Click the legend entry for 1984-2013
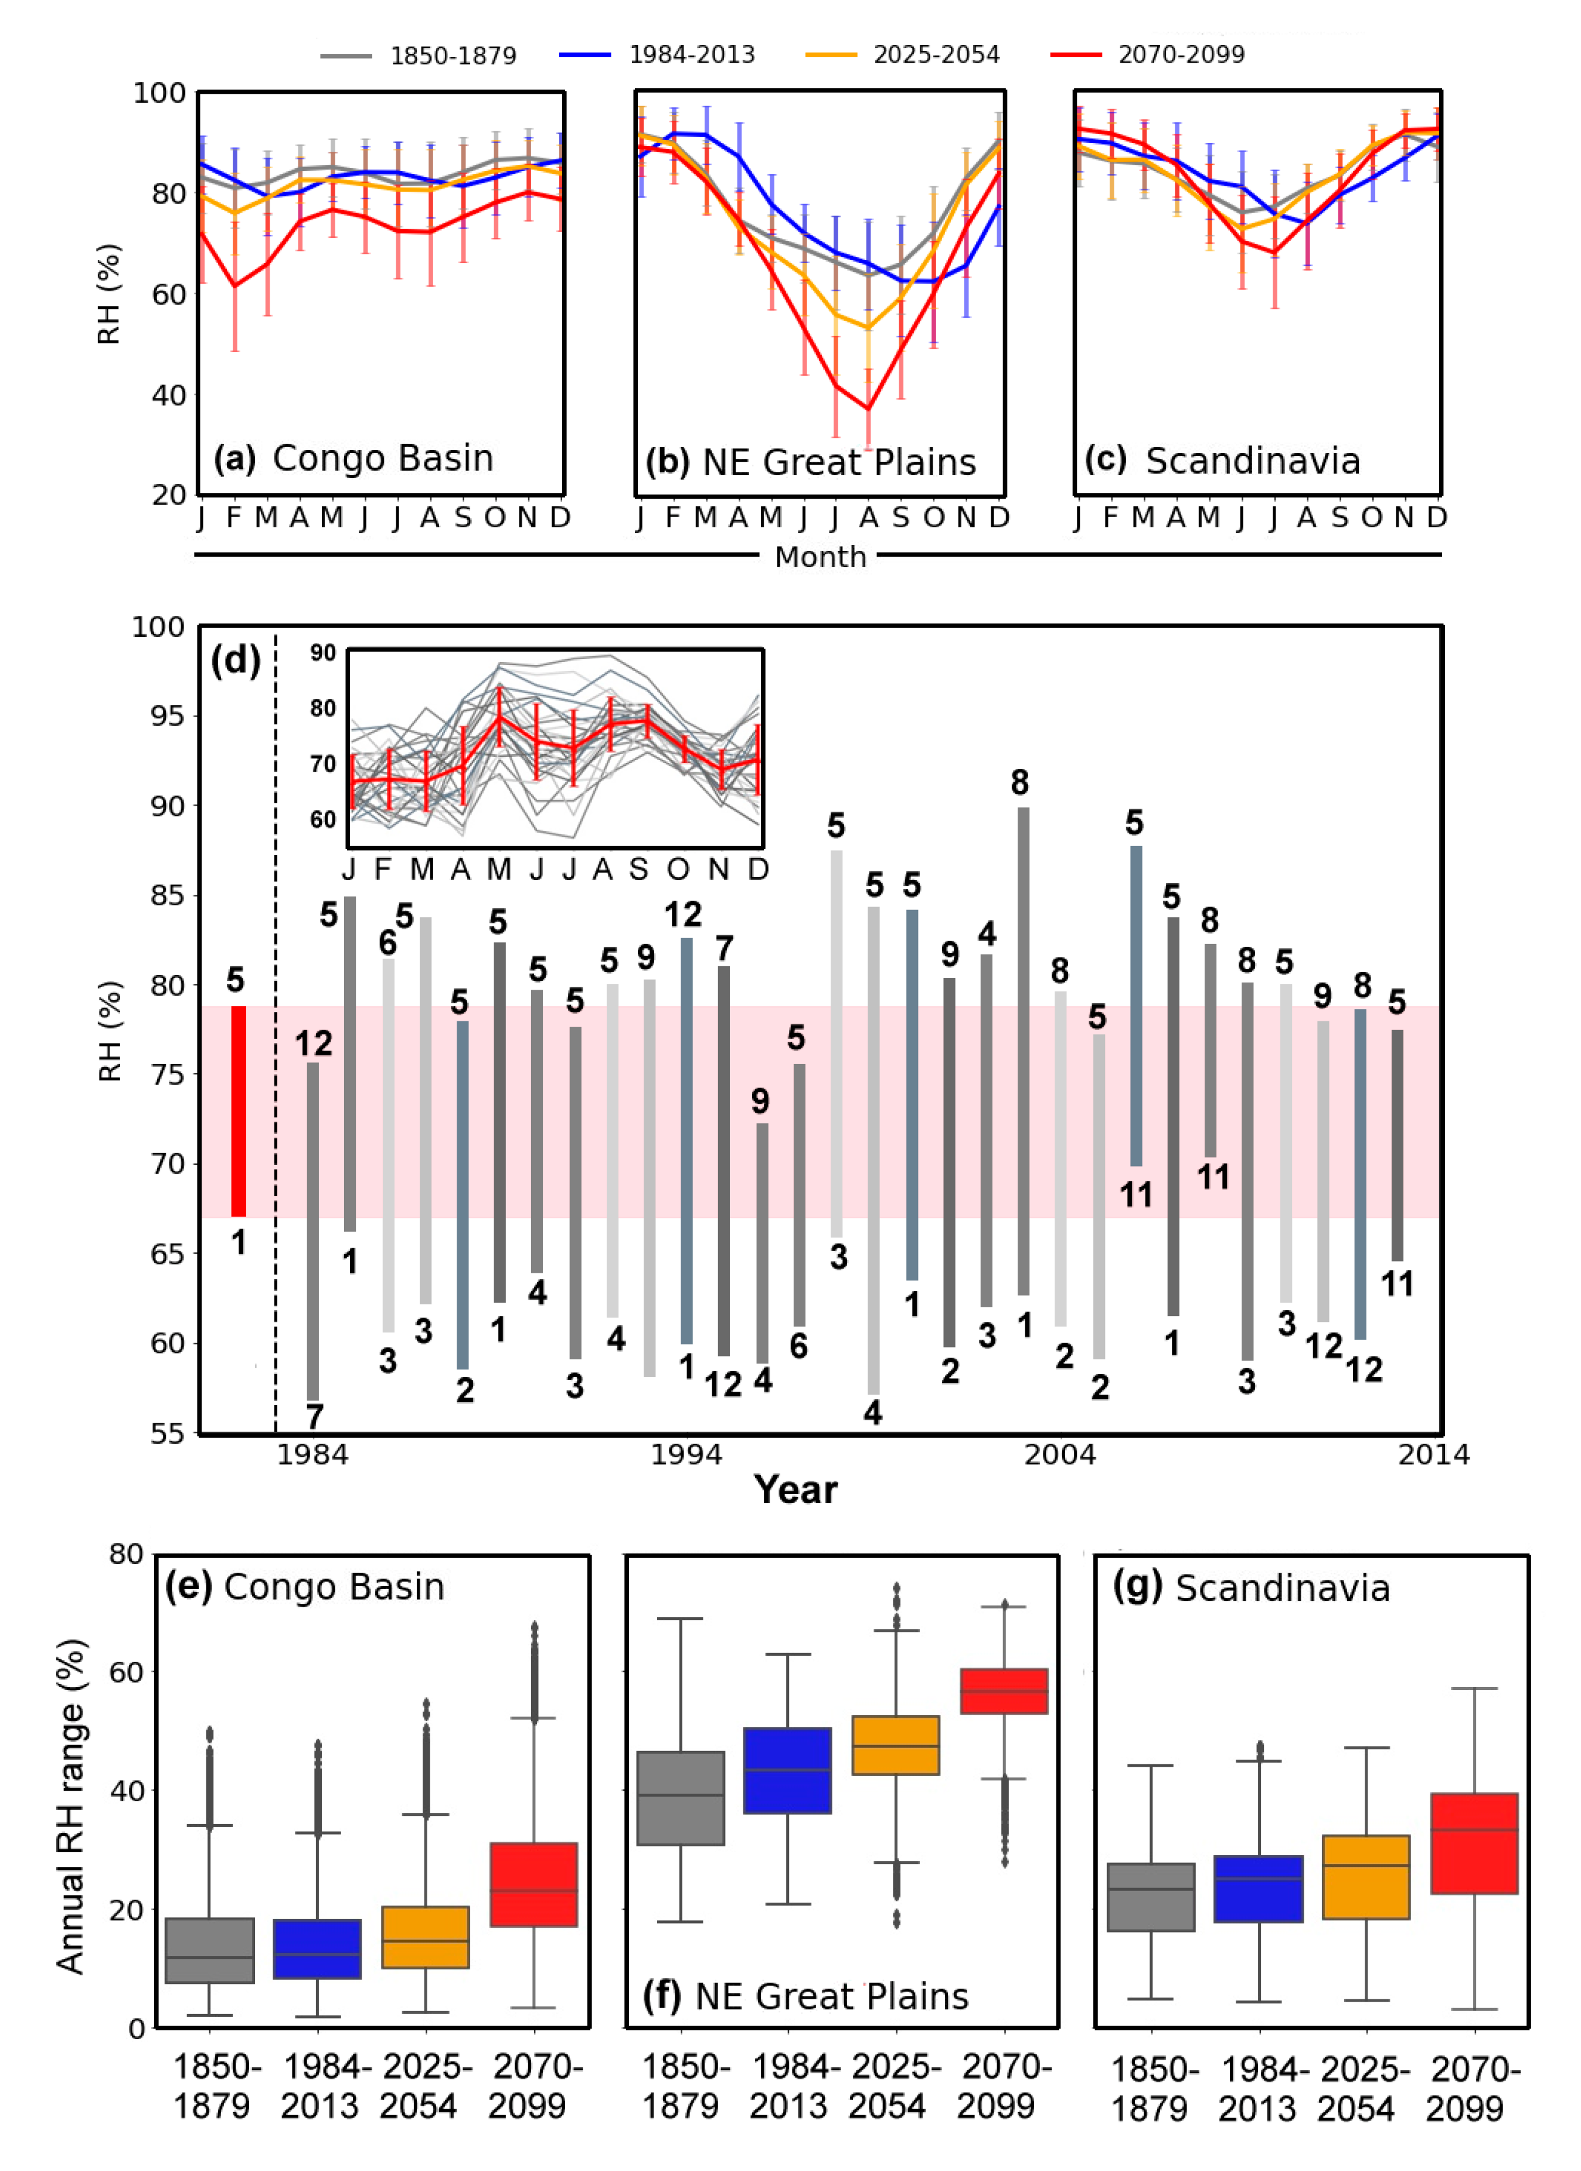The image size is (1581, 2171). click(691, 54)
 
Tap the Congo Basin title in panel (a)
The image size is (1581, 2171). click(382, 458)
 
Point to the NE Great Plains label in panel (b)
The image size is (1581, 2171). click(839, 462)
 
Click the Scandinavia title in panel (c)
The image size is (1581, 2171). click(1253, 461)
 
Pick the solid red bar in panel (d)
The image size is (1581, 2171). click(239, 1110)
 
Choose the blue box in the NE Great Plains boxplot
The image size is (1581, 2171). click(787, 1770)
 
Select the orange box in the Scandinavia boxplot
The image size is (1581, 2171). click(1365, 1877)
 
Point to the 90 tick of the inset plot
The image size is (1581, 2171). click(323, 653)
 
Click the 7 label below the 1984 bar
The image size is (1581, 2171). click(314, 1416)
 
